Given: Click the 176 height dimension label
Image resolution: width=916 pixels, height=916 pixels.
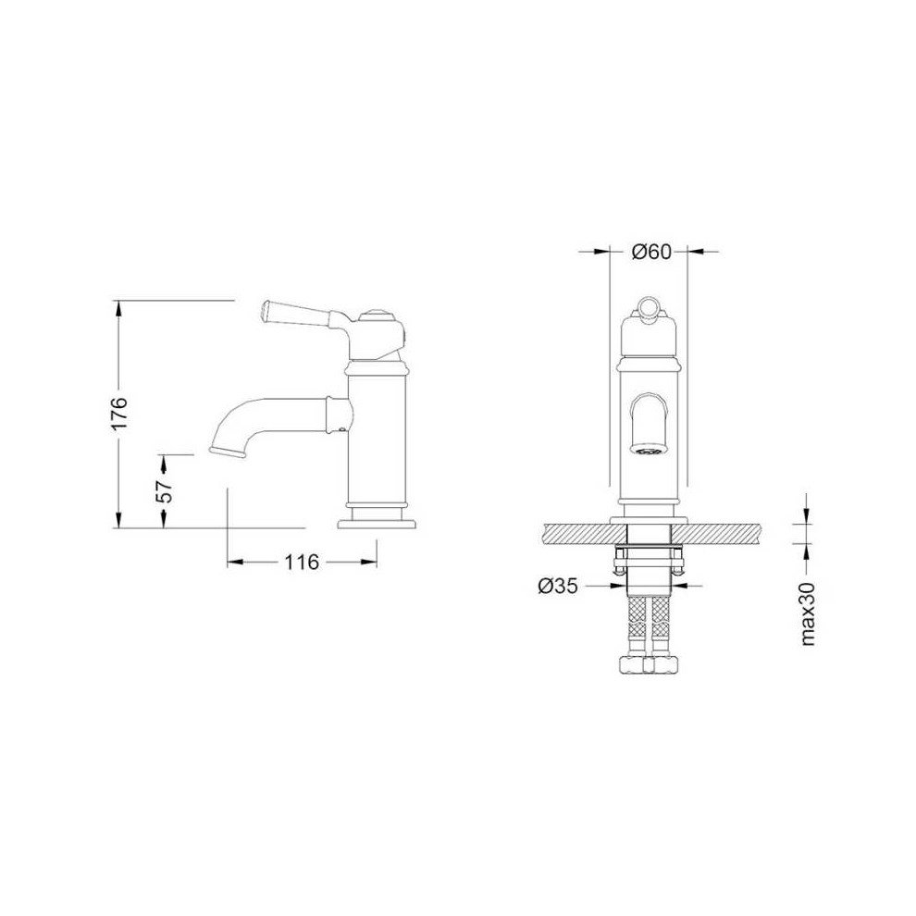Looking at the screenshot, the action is pos(119,414).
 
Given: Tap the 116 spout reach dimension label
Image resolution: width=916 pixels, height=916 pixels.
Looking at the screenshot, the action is pos(302,562).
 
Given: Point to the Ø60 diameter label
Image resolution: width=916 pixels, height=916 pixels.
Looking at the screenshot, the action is pos(651,252).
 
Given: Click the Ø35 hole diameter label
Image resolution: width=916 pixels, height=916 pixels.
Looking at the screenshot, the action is pos(557,586).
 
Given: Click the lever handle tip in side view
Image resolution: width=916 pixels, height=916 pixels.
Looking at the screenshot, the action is pos(264,308).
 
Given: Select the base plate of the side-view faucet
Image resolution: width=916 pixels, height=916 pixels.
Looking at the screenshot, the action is pos(378,524).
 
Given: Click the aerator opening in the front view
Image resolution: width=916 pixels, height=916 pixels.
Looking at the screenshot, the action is pos(649,450).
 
